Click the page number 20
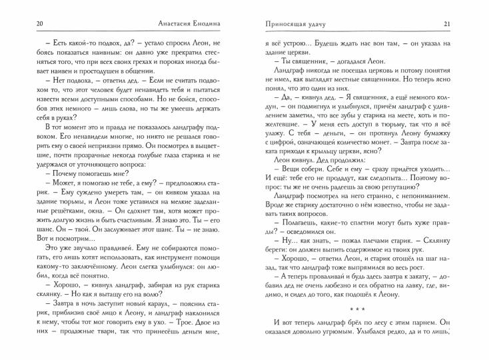tap(22, 25)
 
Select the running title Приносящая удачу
tap(279, 25)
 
